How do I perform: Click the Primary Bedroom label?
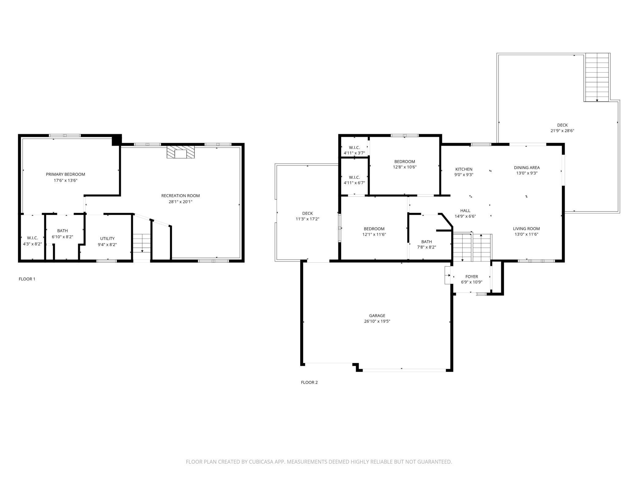(65, 174)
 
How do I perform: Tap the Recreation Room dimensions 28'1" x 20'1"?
(180, 202)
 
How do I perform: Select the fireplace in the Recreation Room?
(181, 152)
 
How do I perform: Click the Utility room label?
(107, 238)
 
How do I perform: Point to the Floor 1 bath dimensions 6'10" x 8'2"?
(63, 237)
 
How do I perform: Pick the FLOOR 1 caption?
(27, 279)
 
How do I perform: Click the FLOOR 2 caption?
(309, 382)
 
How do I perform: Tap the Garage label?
(377, 316)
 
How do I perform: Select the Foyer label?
(471, 277)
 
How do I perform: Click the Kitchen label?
(464, 169)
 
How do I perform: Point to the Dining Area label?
(527, 168)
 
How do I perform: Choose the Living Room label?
(526, 229)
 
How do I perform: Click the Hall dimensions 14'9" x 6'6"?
(465, 216)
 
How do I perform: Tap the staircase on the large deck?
(597, 77)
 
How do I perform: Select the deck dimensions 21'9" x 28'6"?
(562, 131)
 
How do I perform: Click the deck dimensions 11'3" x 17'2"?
(307, 219)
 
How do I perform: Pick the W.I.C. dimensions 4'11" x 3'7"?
(354, 153)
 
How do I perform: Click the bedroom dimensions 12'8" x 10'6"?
(405, 167)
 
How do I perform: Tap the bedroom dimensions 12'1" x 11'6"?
(374, 235)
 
